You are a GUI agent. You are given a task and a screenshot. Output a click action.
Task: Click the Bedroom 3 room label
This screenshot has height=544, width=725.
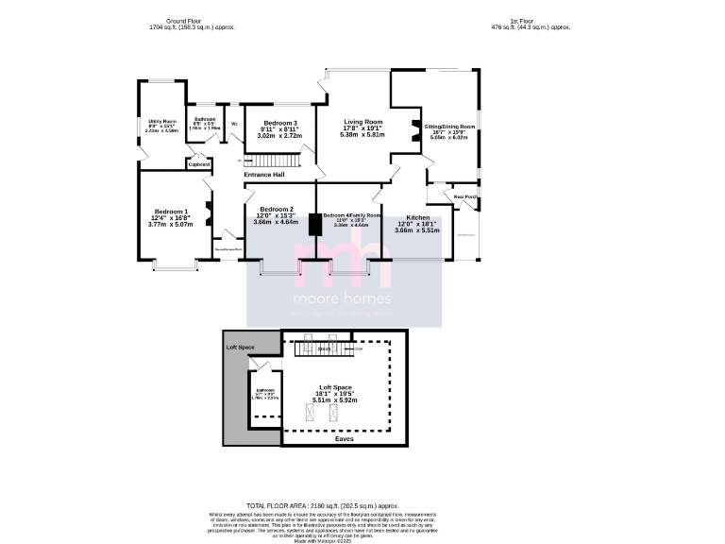pyautogui.click(x=280, y=124)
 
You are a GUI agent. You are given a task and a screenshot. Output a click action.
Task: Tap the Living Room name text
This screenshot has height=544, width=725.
pyautogui.click(x=362, y=122)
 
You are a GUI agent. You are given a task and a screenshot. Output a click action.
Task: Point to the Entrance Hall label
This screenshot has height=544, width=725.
pyautogui.click(x=264, y=175)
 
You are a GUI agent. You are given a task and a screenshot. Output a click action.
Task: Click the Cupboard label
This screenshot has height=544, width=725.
pyautogui.click(x=199, y=164)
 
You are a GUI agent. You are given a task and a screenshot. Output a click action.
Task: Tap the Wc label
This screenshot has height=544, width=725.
pyautogui.click(x=234, y=124)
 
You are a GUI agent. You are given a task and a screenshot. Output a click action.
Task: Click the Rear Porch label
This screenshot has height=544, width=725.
pyautogui.click(x=465, y=196)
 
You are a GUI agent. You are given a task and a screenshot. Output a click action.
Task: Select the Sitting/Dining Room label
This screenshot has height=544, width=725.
pyautogui.click(x=449, y=126)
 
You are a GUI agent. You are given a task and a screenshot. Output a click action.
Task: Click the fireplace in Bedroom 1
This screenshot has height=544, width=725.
pyautogui.click(x=210, y=205)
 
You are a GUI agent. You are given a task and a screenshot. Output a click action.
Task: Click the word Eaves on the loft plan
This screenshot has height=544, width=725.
pyautogui.click(x=345, y=438)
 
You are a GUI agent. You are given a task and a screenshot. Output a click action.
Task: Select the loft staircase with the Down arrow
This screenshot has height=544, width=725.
pyautogui.click(x=325, y=349)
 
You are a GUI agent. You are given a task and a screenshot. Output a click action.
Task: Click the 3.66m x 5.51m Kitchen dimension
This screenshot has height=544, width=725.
pyautogui.click(x=417, y=230)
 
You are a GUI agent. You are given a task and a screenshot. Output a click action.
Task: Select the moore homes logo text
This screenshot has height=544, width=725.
pyautogui.click(x=344, y=299)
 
